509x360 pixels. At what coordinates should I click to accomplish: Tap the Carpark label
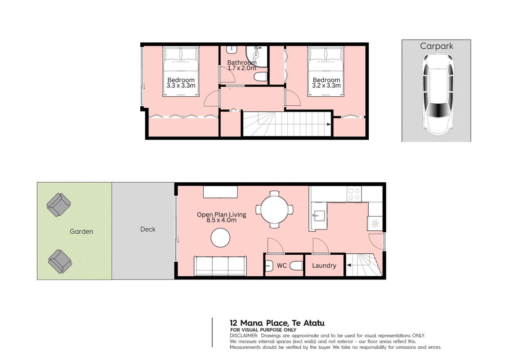pos(436,46)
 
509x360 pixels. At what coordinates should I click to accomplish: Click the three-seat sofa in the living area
pos(220,266)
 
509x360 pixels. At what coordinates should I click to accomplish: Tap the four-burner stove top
pos(354,193)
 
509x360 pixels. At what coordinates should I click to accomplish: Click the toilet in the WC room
pos(296,266)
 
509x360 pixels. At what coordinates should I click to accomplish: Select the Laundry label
pos(324,265)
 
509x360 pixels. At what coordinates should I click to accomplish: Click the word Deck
pos(147,229)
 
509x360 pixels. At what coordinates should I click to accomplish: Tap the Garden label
pos(81,231)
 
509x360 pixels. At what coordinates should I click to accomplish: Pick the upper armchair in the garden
pos(59,205)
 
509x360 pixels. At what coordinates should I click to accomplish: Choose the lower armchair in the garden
pos(60,261)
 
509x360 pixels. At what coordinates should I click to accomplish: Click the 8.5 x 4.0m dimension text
pos(221,220)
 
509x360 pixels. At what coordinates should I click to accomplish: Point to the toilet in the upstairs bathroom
pos(261,77)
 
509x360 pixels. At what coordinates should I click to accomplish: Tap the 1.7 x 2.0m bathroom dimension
pos(242,68)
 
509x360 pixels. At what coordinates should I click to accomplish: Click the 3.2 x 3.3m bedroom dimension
pos(326,85)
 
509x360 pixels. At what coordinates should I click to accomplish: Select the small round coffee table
pos(220,238)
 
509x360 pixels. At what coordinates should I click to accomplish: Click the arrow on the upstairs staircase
pos(329,125)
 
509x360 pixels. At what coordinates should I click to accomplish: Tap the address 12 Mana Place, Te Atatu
pos(277,323)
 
